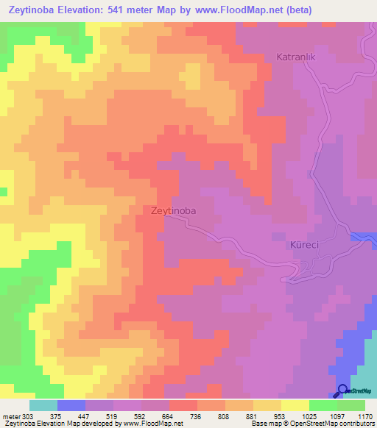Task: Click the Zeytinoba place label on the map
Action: [173, 210]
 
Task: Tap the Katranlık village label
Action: [296, 57]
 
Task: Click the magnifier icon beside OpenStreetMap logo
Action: [343, 391]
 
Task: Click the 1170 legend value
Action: [366, 415]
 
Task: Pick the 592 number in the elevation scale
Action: [140, 415]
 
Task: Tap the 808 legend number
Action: [225, 415]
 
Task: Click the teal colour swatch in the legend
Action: [43, 405]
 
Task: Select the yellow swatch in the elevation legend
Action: [295, 405]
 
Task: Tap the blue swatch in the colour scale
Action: [71, 405]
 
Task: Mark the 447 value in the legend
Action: [83, 415]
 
